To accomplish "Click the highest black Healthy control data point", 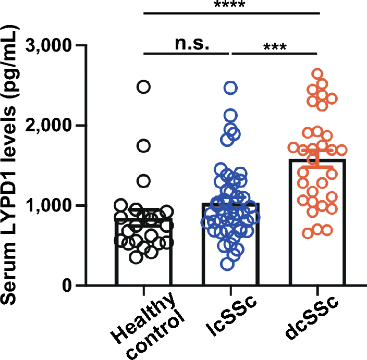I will [x=144, y=87].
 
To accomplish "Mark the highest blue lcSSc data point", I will [x=231, y=88].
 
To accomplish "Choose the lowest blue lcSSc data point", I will [x=227, y=264].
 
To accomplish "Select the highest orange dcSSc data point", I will [x=317, y=74].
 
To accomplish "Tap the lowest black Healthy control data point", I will [x=137, y=257].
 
